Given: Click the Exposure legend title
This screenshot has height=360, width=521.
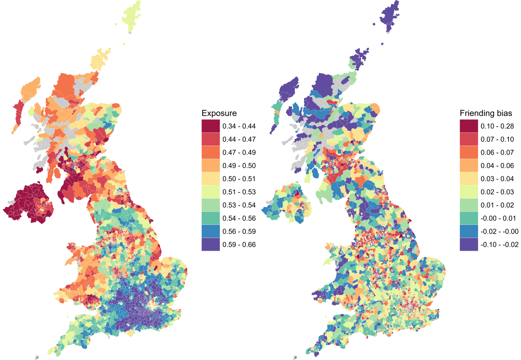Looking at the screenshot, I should click(219, 113).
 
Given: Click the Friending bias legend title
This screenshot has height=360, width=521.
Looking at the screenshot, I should click(486, 113).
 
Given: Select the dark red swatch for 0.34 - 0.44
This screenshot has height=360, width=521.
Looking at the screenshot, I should click(210, 126).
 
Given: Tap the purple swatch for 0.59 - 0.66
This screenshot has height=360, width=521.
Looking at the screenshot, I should click(210, 244).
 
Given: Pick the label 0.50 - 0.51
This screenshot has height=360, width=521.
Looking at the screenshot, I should click(239, 179).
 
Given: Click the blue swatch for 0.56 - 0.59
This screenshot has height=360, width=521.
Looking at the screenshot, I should click(210, 231).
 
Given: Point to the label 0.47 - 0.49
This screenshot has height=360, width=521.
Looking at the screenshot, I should click(239, 153).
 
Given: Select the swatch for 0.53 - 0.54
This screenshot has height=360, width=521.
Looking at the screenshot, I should click(210, 205).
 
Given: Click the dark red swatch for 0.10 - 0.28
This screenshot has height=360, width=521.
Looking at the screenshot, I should click(469, 126).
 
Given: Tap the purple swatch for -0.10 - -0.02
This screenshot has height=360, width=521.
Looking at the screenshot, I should click(469, 244).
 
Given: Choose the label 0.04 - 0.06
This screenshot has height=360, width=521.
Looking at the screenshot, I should click(497, 166).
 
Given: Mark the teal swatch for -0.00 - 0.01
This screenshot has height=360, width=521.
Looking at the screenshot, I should click(469, 218).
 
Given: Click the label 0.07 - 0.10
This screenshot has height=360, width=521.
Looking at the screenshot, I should click(497, 139).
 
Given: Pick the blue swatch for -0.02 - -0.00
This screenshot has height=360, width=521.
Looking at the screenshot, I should click(469, 231).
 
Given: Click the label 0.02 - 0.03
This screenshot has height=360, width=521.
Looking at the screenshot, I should click(497, 192).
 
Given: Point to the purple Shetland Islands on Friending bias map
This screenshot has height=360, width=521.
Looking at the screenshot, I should click(390, 15).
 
